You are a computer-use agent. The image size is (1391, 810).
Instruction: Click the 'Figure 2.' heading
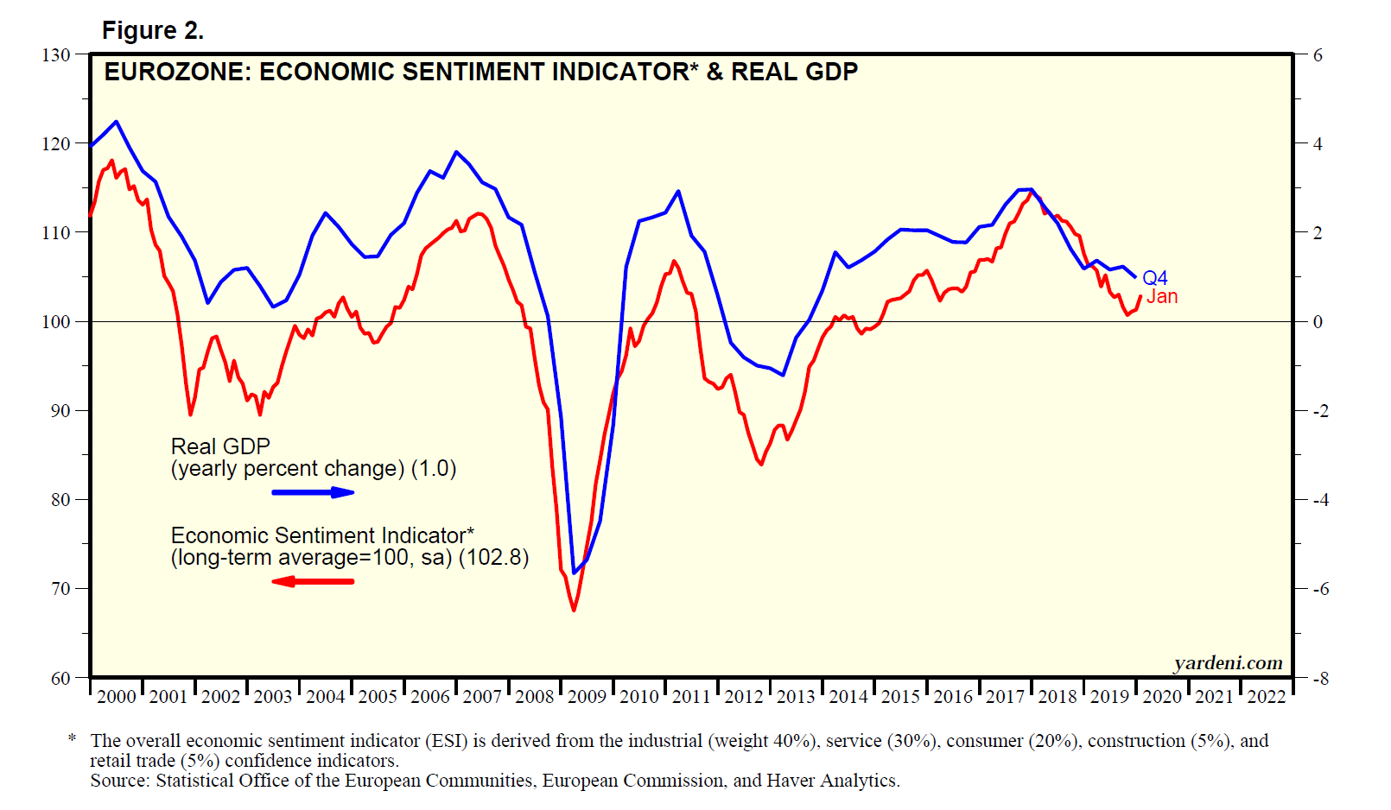tap(153, 31)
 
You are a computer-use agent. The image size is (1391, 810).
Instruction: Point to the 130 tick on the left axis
tap(56, 55)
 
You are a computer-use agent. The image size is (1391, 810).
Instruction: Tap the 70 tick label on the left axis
tap(60, 589)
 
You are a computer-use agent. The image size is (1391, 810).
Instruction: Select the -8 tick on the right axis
tap(1320, 679)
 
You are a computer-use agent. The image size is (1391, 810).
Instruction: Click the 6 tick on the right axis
tap(1318, 55)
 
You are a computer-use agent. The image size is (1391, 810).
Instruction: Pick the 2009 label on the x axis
tap(587, 697)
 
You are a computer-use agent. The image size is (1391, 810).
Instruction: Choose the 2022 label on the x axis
tap(1267, 697)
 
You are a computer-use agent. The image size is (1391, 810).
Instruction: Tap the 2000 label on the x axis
tap(117, 697)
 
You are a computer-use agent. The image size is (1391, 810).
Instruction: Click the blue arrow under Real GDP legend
tap(313, 492)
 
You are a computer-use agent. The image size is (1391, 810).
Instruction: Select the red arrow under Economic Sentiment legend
tap(313, 581)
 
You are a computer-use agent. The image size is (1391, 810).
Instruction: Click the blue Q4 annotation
tap(1155, 278)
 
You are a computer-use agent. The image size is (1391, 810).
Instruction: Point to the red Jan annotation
tap(1162, 297)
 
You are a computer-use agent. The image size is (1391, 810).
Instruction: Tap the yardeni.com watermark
tap(1228, 663)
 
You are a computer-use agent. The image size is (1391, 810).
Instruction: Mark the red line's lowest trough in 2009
tap(574, 611)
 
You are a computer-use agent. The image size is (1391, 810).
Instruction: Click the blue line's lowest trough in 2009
tap(575, 573)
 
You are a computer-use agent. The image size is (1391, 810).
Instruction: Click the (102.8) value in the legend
tap(493, 558)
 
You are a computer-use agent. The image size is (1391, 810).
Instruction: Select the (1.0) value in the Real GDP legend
tap(434, 469)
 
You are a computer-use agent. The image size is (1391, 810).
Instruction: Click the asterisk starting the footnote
tap(73, 739)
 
